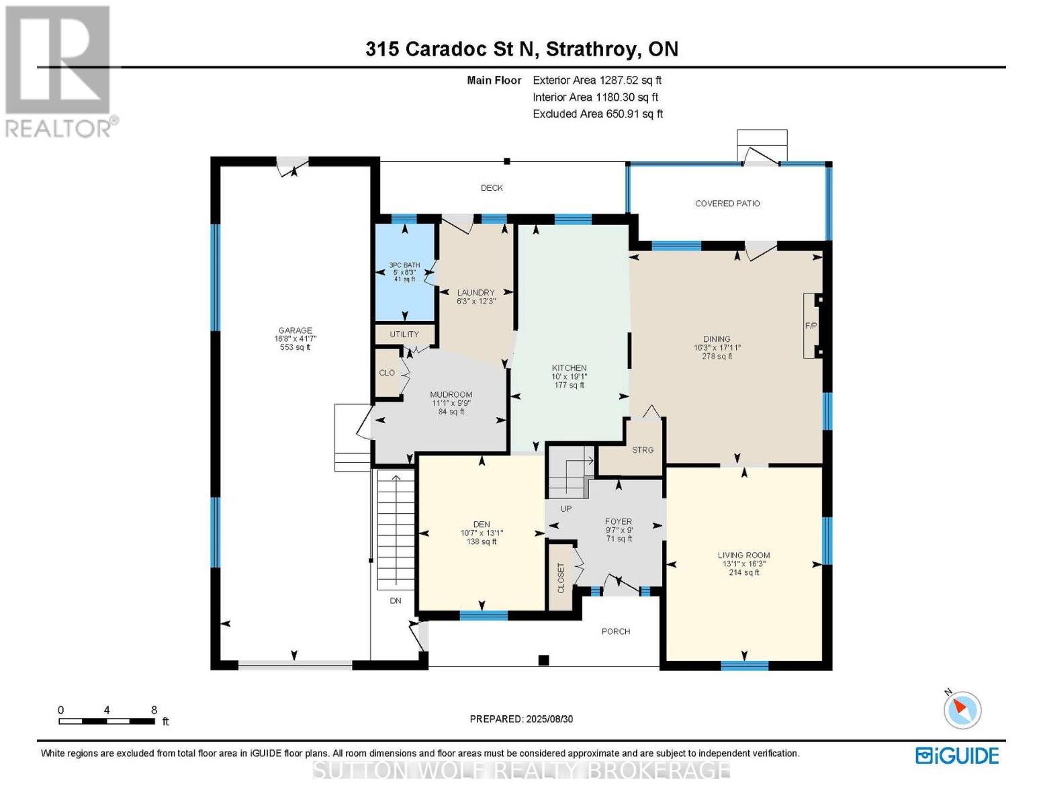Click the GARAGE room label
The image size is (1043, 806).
click(296, 330)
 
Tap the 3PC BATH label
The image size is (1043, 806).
click(404, 265)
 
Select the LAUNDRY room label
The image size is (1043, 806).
click(475, 293)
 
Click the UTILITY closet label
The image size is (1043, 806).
click(404, 334)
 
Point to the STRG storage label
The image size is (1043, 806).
click(643, 450)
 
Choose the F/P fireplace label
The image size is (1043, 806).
click(811, 326)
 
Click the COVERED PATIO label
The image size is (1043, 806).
click(727, 204)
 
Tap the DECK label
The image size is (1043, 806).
click(492, 188)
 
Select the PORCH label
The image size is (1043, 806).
click(616, 631)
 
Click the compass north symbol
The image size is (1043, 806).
click(962, 709)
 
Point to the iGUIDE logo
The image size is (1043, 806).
click(957, 756)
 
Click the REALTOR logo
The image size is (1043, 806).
click(59, 71)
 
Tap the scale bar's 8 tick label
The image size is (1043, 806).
click(154, 710)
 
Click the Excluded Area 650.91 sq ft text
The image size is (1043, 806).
click(598, 114)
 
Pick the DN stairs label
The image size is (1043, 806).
click(396, 600)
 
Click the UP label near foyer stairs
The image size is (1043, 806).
click(566, 509)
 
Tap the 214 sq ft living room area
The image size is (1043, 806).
click(744, 573)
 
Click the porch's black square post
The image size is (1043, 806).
click(544, 660)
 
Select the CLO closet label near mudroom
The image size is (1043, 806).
click(387, 373)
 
